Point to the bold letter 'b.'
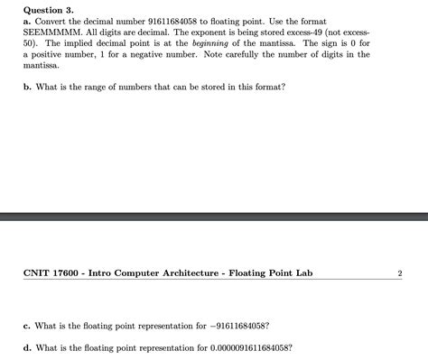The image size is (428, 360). click(x=28, y=86)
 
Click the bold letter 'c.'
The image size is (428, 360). click(x=27, y=326)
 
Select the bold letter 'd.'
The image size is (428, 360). click(x=28, y=346)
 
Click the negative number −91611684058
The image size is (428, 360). click(x=237, y=326)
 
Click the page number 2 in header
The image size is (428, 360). click(x=399, y=272)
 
